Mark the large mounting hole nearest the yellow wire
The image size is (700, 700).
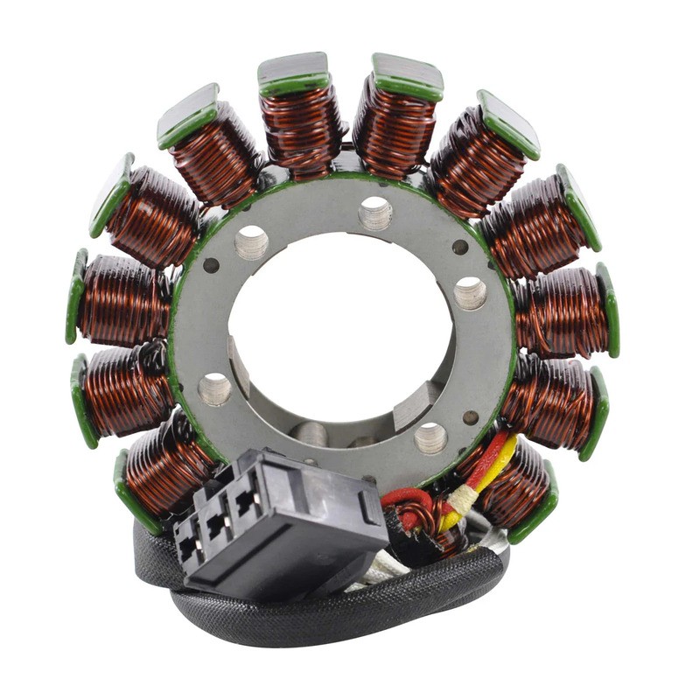[430, 437]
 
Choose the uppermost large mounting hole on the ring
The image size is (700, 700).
[375, 212]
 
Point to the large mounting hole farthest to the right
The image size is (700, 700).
[470, 292]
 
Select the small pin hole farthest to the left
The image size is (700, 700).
[211, 264]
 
